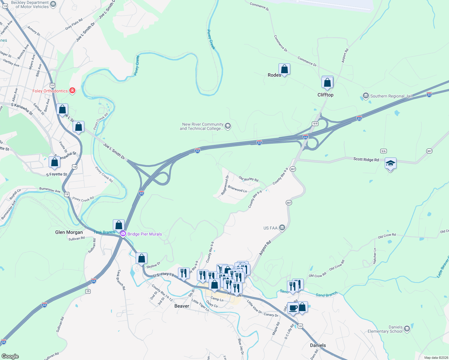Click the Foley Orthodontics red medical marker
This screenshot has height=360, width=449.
72,91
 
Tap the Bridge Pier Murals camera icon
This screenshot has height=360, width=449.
123,234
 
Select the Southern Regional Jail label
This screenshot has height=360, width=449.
391,96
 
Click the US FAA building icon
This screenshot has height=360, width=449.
282,228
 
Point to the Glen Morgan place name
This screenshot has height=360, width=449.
69,232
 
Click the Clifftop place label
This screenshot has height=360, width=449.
325,95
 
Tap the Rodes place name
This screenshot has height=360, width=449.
274,75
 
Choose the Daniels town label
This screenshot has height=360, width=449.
318,345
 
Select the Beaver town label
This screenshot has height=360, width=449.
182,306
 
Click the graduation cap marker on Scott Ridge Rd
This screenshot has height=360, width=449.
390,163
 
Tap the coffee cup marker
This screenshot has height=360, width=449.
293,308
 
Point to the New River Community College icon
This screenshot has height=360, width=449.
228,126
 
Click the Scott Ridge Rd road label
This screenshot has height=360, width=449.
366,160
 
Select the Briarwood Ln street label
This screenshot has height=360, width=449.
237,189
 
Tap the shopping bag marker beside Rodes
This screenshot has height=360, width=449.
284,69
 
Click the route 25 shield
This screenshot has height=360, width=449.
88,291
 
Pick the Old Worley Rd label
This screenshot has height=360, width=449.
249,179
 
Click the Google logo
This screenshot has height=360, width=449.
10,356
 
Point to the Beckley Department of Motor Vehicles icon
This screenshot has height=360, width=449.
53,4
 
